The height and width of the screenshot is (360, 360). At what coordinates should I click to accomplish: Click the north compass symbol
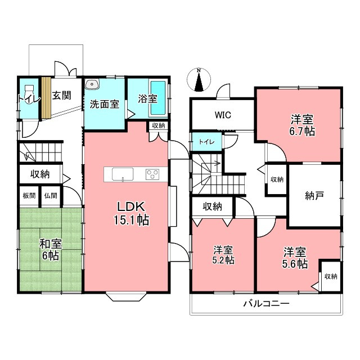coord(199,80)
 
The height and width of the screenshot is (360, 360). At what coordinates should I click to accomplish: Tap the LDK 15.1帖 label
coord(131,214)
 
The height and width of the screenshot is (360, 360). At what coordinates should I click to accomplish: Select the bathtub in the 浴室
coord(158,98)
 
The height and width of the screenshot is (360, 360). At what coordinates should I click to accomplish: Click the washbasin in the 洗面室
coord(92,84)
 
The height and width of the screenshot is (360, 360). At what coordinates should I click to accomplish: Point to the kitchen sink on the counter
coord(123,174)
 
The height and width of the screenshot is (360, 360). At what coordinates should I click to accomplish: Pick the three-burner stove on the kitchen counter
coord(152,174)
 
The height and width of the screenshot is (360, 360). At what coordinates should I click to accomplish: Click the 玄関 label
coord(61,95)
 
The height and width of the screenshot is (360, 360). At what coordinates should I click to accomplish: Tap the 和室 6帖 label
coord(51,250)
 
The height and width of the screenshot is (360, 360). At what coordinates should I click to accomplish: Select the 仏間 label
coord(51,196)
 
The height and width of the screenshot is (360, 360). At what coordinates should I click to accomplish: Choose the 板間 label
coord(29,196)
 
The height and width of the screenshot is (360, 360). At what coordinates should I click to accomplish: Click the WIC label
coord(223,115)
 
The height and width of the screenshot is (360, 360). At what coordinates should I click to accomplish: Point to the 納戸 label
coord(314,196)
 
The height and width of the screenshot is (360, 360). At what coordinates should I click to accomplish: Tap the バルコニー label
coord(266,304)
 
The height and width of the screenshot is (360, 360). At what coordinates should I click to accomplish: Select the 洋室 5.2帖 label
coord(223,255)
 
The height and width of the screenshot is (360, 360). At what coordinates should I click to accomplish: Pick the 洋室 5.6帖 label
coord(295,258)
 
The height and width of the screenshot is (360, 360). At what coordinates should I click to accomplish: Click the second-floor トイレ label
coord(206,142)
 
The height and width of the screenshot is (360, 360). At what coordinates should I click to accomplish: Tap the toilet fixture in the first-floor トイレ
coord(29,94)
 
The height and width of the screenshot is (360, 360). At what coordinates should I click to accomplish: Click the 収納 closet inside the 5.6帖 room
coord(331,276)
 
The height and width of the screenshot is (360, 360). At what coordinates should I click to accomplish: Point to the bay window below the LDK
coord(127,296)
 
